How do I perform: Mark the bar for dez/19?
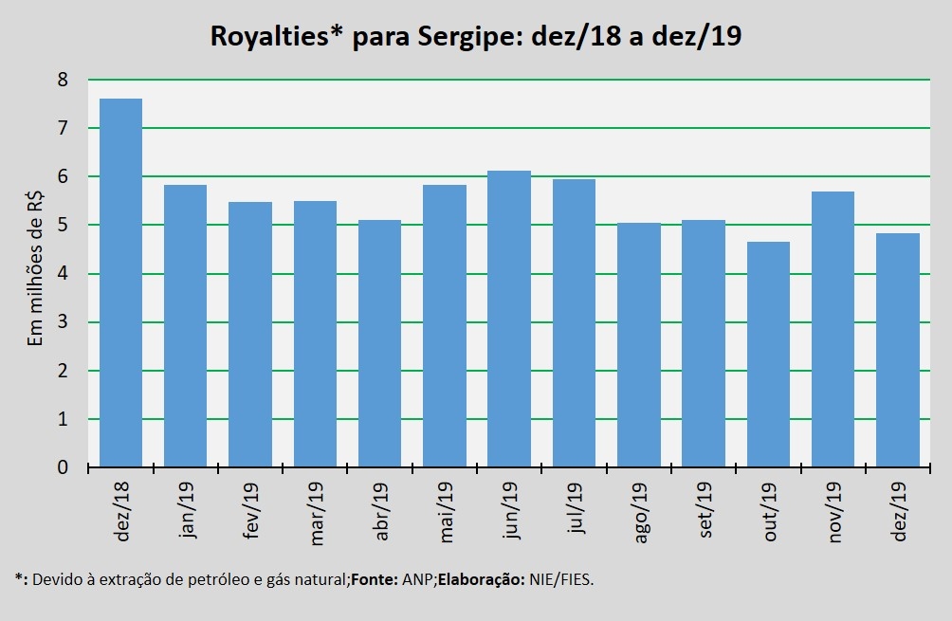[x=897, y=350]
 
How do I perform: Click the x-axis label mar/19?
[x=316, y=512]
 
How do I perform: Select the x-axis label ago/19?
[x=639, y=512]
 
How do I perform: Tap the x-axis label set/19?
[x=705, y=509]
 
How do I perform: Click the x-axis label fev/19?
[x=250, y=511]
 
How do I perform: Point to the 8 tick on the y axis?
[x=63, y=80]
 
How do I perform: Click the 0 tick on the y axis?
[x=63, y=467]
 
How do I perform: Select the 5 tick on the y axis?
[x=63, y=226]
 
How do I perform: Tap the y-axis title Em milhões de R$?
[x=35, y=273]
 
